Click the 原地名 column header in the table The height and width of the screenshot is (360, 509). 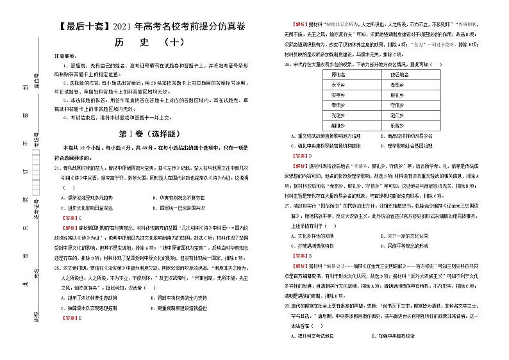[339, 74]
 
